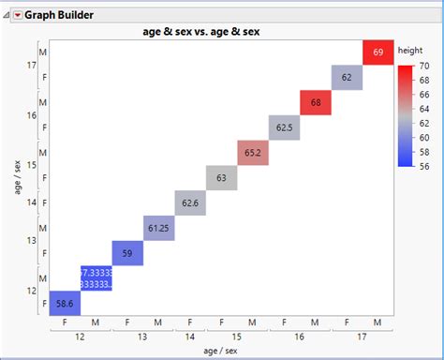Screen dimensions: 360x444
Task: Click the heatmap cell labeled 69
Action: click(377, 52)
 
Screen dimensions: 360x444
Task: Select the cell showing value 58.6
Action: click(65, 304)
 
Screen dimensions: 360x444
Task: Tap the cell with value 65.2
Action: click(253, 152)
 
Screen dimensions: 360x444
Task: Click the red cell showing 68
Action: click(316, 102)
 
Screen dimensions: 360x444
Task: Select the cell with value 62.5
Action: click(284, 127)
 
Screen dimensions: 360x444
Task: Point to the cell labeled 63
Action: click(221, 177)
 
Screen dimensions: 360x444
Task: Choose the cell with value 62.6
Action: click(190, 202)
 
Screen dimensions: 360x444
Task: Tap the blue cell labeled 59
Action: click(127, 253)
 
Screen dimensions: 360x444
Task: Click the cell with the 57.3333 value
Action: click(96, 278)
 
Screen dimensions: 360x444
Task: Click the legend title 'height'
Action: click(410, 50)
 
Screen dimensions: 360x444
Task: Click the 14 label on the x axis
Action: click(190, 337)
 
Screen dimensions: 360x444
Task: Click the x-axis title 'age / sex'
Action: click(220, 352)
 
